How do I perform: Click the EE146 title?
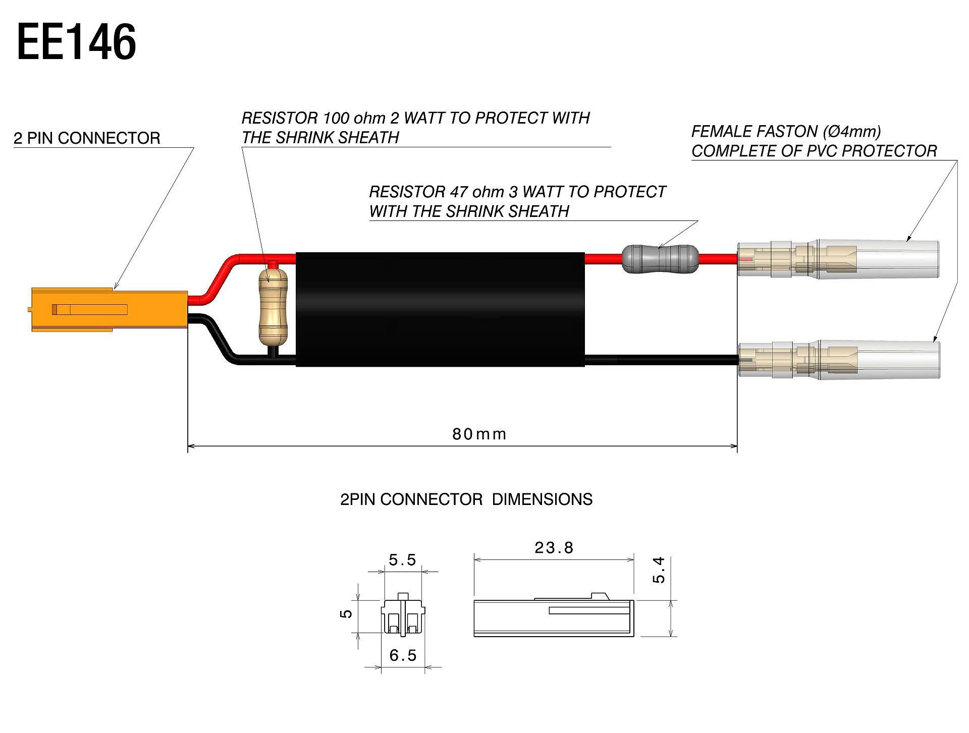tap(77, 42)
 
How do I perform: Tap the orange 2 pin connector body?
tap(109, 309)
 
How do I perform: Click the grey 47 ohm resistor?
tap(660, 259)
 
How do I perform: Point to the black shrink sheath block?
tap(440, 309)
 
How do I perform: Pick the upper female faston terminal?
tap(838, 259)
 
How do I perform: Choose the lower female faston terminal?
tap(838, 360)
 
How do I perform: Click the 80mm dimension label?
tap(479, 434)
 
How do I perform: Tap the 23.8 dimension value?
tap(554, 548)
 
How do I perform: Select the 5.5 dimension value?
tap(402, 560)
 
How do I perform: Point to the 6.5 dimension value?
tap(403, 655)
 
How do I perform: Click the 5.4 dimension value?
tap(659, 570)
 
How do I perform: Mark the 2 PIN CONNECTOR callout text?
tap(87, 138)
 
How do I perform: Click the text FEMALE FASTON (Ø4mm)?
tap(786, 132)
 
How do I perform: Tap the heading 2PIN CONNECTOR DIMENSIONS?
tap(466, 499)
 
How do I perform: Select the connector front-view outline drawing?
tap(403, 615)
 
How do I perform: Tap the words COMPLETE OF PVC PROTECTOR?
tap(814, 151)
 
